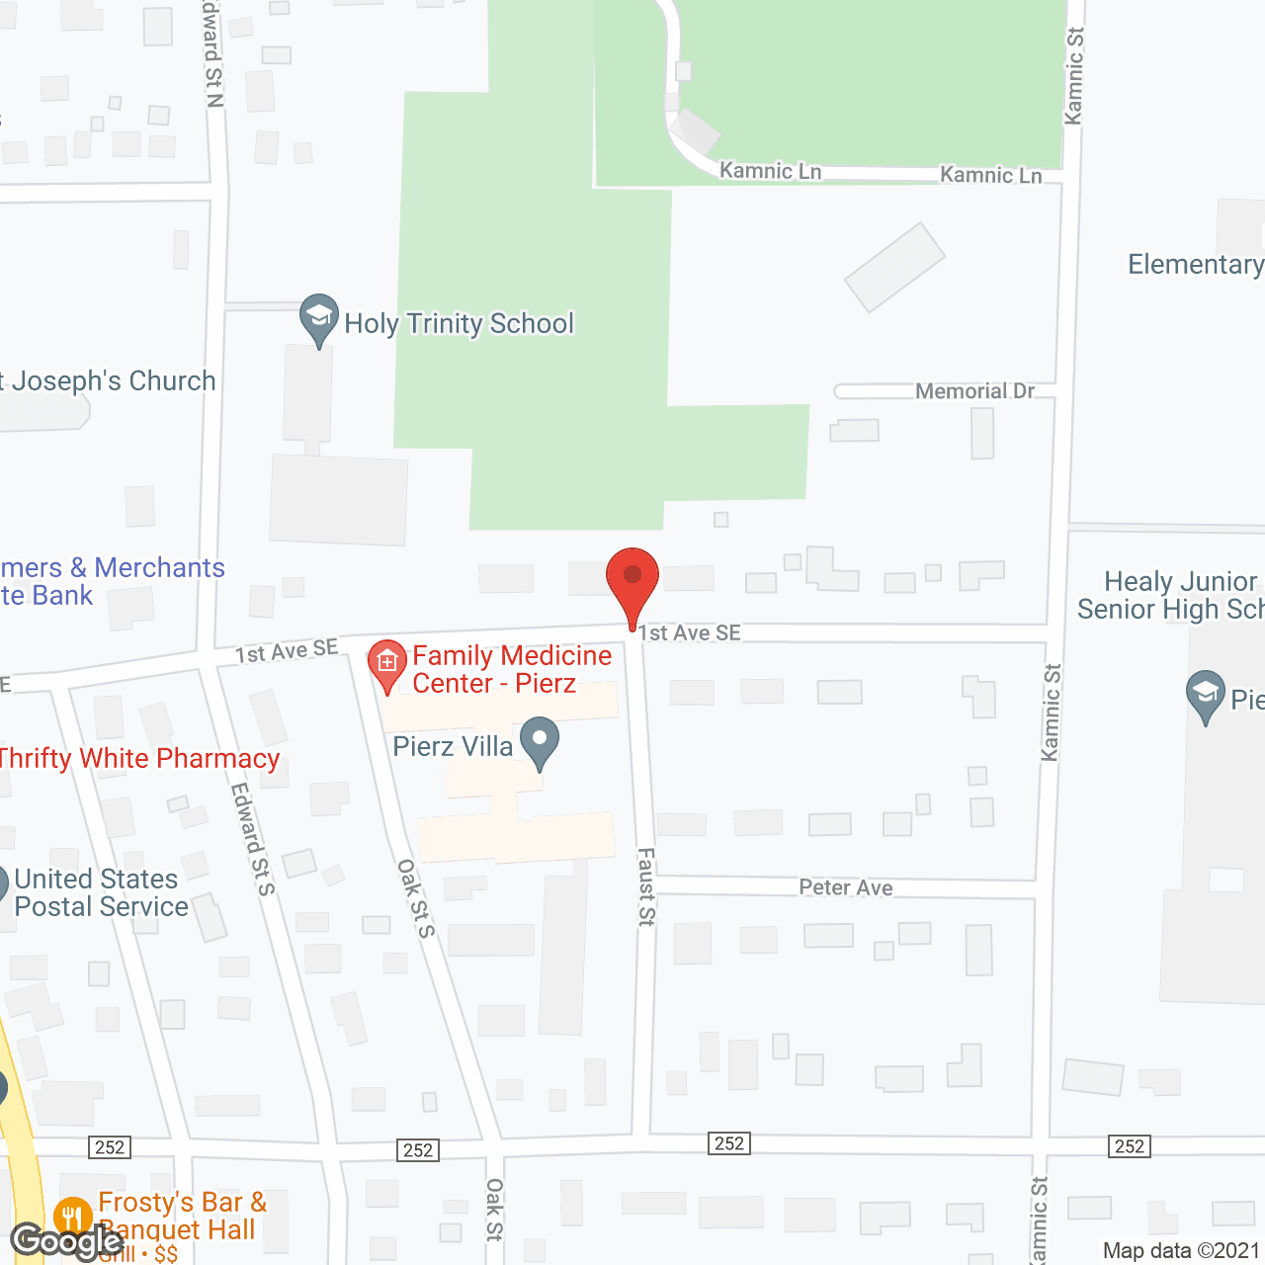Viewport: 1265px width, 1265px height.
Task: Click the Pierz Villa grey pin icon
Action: [x=540, y=741]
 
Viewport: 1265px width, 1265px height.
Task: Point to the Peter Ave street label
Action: [x=845, y=887]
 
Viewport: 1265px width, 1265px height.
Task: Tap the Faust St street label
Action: [x=646, y=886]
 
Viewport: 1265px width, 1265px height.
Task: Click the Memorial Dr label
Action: [x=974, y=391]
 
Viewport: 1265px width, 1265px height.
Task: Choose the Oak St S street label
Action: [x=416, y=897]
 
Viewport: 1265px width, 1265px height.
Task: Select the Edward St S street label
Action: [x=253, y=839]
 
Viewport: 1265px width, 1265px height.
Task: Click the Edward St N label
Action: [x=213, y=54]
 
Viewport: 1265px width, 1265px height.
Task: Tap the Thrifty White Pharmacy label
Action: [x=139, y=758]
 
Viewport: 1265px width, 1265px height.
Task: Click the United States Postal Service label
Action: [x=100, y=892]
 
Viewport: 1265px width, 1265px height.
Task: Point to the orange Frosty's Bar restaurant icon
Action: [x=73, y=1217]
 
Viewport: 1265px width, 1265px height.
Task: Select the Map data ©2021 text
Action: [x=1182, y=1251]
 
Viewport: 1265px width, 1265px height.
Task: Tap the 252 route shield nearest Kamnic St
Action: [x=1129, y=1146]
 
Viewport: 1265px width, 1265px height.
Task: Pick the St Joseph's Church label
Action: [x=108, y=381]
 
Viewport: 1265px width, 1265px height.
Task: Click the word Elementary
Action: [x=1195, y=265]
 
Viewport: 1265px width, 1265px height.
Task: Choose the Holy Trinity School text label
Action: [x=459, y=324]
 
